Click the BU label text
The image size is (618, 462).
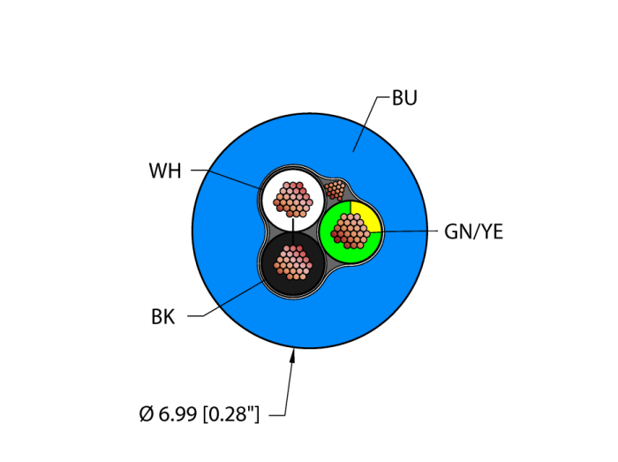pyautogui.click(x=404, y=98)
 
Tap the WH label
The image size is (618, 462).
pyautogui.click(x=165, y=170)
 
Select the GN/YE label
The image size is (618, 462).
pyautogui.click(x=473, y=232)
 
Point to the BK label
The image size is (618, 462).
pyautogui.click(x=162, y=317)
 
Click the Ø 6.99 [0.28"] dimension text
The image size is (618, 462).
pyautogui.click(x=200, y=413)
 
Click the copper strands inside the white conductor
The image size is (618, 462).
pyautogui.click(x=293, y=200)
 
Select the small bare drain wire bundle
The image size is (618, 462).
pyautogui.click(x=335, y=188)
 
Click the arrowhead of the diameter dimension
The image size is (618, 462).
pyautogui.click(x=294, y=354)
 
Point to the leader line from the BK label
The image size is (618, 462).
pyautogui.click(x=231, y=300)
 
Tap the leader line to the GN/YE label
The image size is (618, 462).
pyautogui.click(x=408, y=231)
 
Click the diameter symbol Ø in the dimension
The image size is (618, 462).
pyautogui.click(x=147, y=413)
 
